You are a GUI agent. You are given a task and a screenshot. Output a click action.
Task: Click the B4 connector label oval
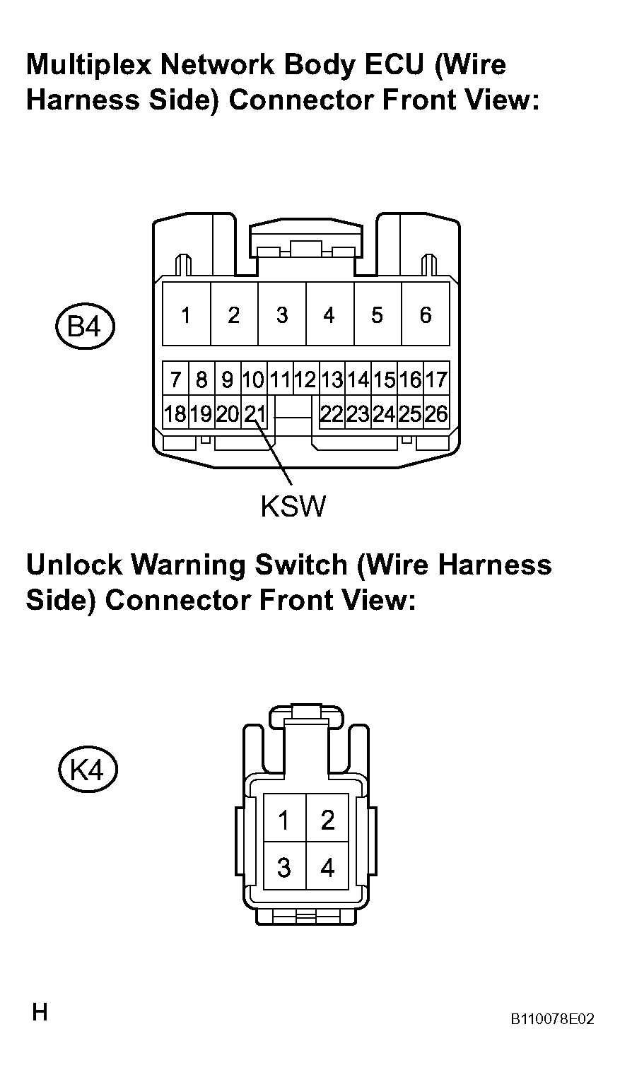tap(85, 327)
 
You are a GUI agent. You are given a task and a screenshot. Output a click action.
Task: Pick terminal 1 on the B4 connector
tap(186, 314)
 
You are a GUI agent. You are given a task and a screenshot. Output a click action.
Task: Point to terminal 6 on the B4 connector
tap(426, 314)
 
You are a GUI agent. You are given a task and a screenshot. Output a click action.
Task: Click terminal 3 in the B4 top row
tap(282, 314)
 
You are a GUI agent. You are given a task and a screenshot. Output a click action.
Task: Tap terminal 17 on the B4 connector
tap(437, 379)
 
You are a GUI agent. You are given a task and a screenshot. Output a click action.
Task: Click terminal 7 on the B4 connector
tap(175, 379)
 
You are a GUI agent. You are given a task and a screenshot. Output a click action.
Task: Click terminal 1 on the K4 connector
tap(284, 820)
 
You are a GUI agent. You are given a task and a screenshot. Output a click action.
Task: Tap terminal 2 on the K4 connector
tap(327, 820)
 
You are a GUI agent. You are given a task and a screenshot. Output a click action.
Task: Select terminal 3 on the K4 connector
tap(284, 867)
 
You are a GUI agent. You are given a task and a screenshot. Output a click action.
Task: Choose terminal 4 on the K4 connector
tap(327, 867)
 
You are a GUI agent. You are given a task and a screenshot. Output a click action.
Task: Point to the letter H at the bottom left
tap(40, 1013)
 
